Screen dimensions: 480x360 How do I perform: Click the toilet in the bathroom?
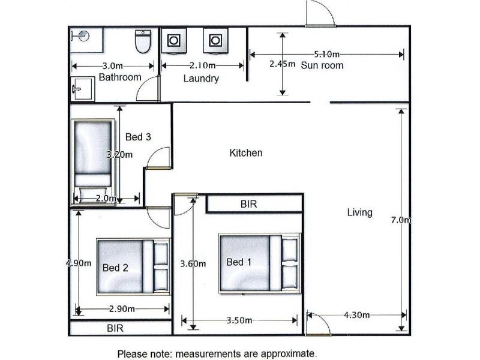pyautogui.click(x=143, y=41)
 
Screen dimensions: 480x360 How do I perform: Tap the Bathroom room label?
pyautogui.click(x=120, y=77)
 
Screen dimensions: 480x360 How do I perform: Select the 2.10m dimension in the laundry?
pyautogui.click(x=203, y=65)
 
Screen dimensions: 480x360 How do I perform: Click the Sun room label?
pyautogui.click(x=322, y=65)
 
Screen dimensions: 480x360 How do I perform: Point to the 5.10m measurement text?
pyautogui.click(x=326, y=54)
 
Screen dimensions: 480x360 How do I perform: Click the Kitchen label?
pyautogui.click(x=246, y=153)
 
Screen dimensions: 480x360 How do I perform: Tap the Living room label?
pyautogui.click(x=359, y=212)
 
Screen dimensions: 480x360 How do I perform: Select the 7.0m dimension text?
pyautogui.click(x=401, y=220)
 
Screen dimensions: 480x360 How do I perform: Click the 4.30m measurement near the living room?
pyautogui.click(x=356, y=314)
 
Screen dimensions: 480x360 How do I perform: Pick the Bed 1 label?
pyautogui.click(x=239, y=262)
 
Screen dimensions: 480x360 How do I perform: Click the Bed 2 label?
pyautogui.click(x=115, y=268)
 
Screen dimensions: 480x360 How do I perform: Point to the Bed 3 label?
pyautogui.click(x=138, y=137)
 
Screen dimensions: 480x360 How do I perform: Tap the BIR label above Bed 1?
pyautogui.click(x=248, y=204)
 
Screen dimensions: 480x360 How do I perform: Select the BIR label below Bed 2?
pyautogui.click(x=115, y=328)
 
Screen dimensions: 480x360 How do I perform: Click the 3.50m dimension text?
pyautogui.click(x=239, y=320)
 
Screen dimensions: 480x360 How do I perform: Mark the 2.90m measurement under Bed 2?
pyautogui.click(x=122, y=309)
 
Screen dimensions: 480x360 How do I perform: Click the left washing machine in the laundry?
pyautogui.click(x=174, y=41)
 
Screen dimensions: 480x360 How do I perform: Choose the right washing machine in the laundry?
pyautogui.click(x=215, y=41)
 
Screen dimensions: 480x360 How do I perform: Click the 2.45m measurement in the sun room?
pyautogui.click(x=282, y=64)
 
